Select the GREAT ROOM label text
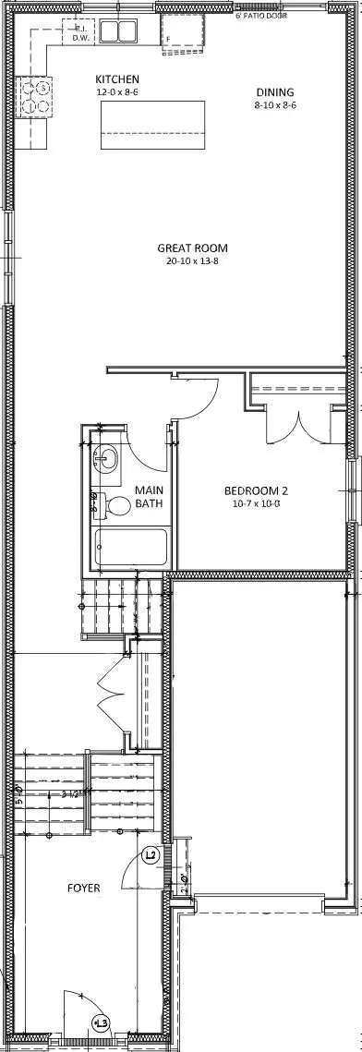coord(192,248)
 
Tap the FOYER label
coord(83,888)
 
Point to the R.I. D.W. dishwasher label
coord(80,33)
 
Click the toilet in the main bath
coord(116,506)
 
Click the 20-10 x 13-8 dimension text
coord(192,261)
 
